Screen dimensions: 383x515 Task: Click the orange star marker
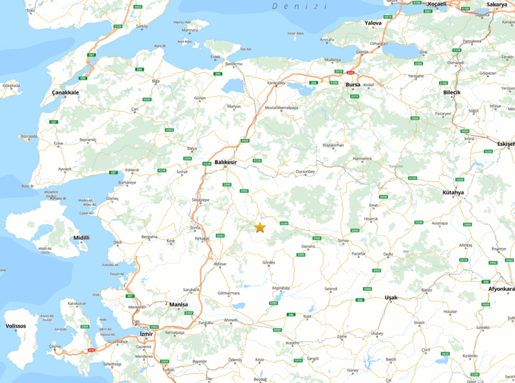pyautogui.click(x=259, y=227)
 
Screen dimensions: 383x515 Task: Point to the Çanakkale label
pyautogui.click(x=65, y=92)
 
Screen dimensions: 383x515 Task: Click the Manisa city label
pyautogui.click(x=178, y=304)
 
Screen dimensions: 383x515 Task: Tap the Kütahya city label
pyautogui.click(x=452, y=192)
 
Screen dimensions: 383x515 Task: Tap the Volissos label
pyautogui.click(x=16, y=326)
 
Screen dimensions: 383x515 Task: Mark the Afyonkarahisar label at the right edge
pyautogui.click(x=502, y=289)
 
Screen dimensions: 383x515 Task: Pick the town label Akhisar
pyautogui.click(x=219, y=264)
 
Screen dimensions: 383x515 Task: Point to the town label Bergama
pyautogui.click(x=149, y=236)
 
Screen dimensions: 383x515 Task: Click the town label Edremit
pyautogui.click(x=132, y=169)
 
